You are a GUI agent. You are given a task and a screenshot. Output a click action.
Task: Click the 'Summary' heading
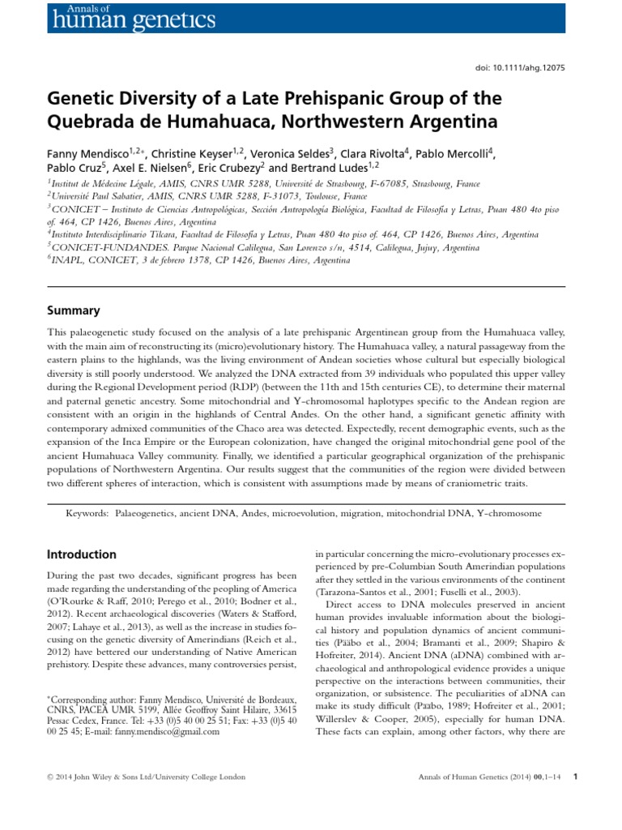point(73,310)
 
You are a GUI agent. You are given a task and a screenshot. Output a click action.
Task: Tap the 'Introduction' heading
point(82,554)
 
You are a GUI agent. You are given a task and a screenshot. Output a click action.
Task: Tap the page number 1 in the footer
point(574,777)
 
